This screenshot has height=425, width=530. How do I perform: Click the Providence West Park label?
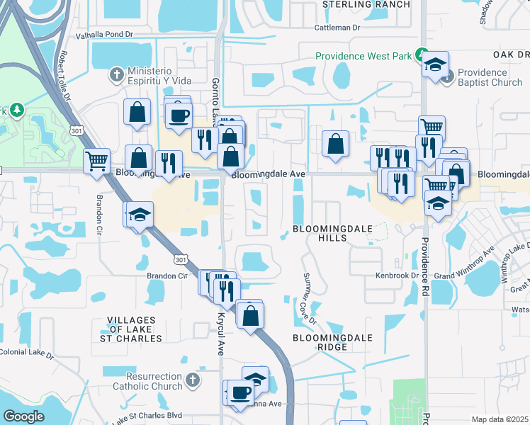(x=364, y=56)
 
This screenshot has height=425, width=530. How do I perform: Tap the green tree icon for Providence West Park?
(x=422, y=54)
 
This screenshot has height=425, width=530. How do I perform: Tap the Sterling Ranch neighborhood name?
(x=366, y=4)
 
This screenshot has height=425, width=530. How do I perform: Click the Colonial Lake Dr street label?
(x=26, y=352)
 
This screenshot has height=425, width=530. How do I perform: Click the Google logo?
(x=23, y=416)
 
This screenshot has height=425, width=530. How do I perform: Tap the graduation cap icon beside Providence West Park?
(x=434, y=65)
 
